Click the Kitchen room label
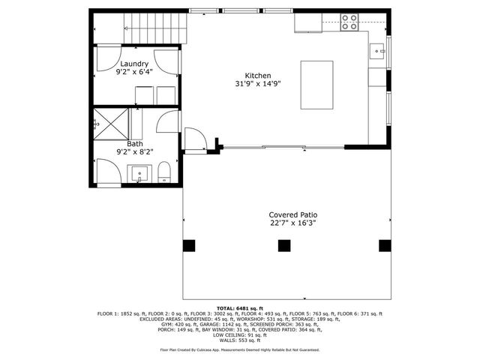coord(257,75)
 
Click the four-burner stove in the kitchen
coord(349,22)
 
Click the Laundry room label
coord(134,64)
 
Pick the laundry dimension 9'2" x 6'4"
coord(134,73)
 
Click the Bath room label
coord(134,143)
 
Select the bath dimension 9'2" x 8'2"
coord(134,152)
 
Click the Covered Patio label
coord(288,214)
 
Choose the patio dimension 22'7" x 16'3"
coord(288,223)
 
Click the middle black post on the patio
coord(283,245)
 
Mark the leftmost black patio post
coord(188,245)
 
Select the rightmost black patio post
coord(385,245)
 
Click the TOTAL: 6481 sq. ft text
coord(240,308)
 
